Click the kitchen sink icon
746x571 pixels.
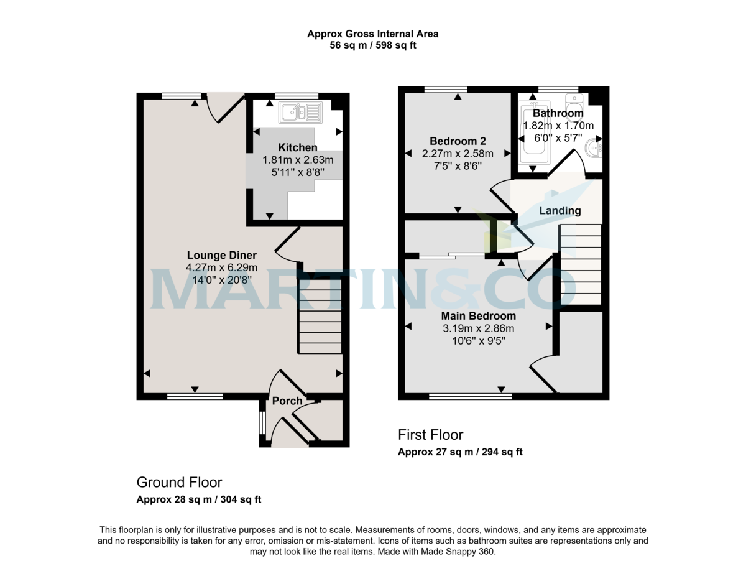click(x=300, y=112)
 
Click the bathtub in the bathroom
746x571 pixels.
click(x=534, y=133)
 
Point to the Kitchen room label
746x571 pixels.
click(x=298, y=147)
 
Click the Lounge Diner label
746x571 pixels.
click(x=221, y=255)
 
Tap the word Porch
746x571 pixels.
click(x=287, y=401)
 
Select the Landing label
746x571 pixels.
click(x=559, y=210)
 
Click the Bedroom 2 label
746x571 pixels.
click(x=458, y=141)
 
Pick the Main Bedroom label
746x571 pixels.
click(x=479, y=316)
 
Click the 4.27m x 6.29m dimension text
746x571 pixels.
click(x=221, y=267)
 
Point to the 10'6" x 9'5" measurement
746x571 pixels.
click(x=479, y=341)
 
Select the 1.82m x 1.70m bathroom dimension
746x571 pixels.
click(x=558, y=126)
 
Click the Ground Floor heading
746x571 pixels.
click(x=179, y=482)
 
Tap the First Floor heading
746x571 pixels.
click(x=430, y=435)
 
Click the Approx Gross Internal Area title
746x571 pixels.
click(x=373, y=34)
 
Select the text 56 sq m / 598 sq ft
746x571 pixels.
click(x=373, y=45)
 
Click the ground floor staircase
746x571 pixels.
click(x=320, y=317)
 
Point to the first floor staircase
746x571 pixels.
click(x=581, y=264)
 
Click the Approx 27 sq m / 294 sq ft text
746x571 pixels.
click(x=460, y=452)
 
